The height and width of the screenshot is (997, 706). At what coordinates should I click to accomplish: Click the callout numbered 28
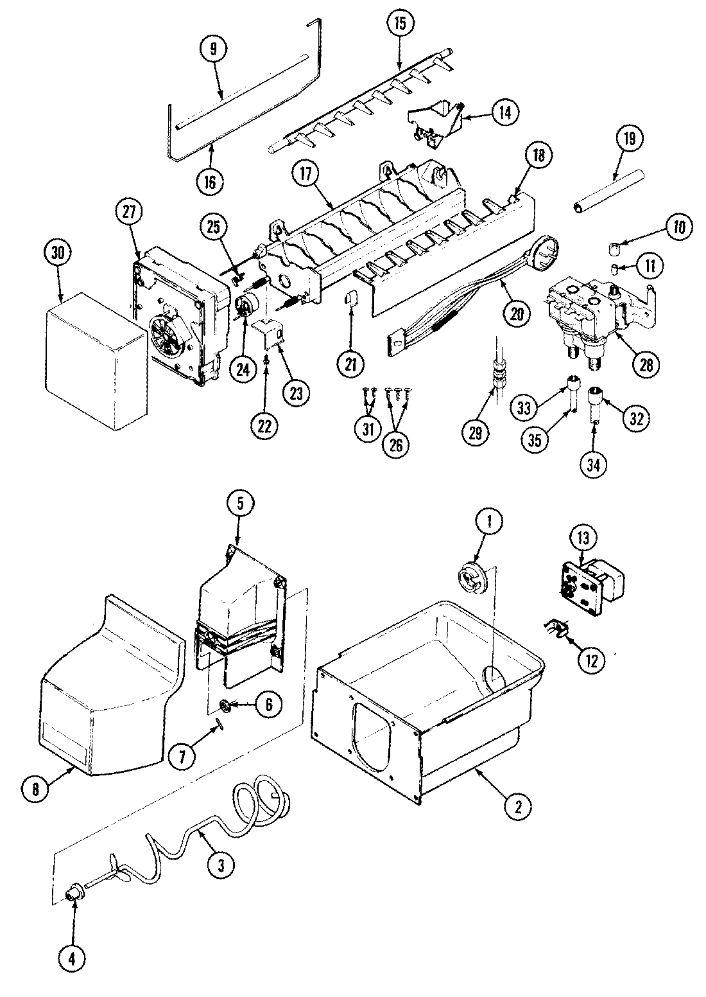[x=644, y=365]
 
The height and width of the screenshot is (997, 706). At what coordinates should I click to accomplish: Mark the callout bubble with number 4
[x=72, y=958]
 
